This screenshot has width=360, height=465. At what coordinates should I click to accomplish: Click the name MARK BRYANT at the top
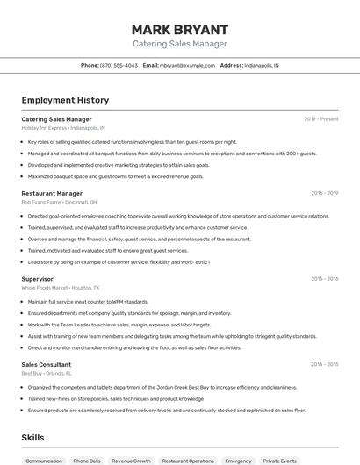pos(179,29)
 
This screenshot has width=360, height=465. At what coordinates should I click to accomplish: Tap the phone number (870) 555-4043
pos(119,65)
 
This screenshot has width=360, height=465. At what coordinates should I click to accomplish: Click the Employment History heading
pos(65,100)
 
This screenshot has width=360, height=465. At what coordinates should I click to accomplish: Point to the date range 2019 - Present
pos(321,118)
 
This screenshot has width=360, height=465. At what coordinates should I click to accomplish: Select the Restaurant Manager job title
pos(52,193)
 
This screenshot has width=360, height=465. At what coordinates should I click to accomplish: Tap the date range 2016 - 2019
pos(324,193)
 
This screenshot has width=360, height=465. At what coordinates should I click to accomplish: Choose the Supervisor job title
pos(37,279)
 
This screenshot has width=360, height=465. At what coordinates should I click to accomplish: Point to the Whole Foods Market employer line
pos(61,288)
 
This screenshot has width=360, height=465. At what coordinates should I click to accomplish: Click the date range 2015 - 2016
pos(324,279)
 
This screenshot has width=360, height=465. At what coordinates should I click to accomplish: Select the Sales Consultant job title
pos(47,364)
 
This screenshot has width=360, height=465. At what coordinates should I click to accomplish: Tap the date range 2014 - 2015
pos(324,364)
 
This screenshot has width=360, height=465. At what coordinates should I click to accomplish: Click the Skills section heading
pos(32,437)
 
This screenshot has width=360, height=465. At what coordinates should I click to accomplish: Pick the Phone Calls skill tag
pos(87,461)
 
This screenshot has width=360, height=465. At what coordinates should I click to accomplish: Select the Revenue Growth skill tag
pos(131,461)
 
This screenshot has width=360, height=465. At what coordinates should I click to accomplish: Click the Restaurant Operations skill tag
pos(188,461)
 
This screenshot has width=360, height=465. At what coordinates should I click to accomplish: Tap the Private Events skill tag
pos(280,461)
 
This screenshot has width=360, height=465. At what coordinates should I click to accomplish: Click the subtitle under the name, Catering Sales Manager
pos(179,44)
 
